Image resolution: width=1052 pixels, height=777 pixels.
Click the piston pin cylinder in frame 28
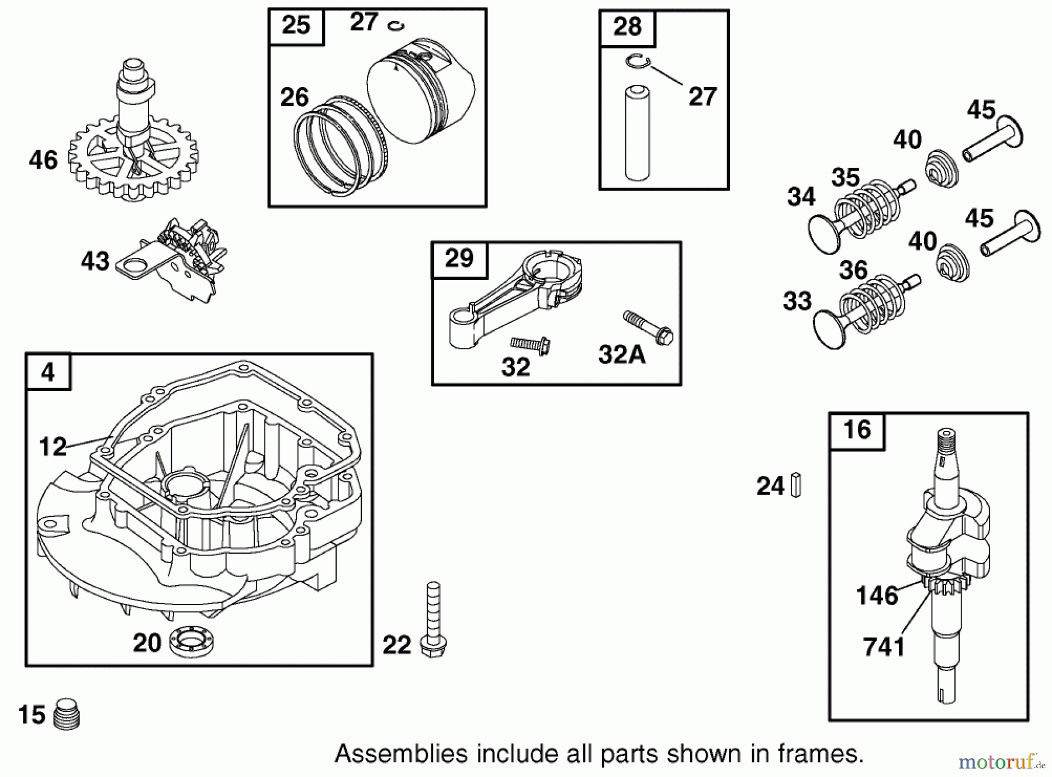point(638,133)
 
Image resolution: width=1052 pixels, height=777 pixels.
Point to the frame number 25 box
point(296,26)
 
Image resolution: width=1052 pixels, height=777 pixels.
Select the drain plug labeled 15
point(67,714)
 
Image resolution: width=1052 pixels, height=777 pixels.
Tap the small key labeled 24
point(795,485)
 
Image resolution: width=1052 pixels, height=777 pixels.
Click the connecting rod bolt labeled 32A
point(649,327)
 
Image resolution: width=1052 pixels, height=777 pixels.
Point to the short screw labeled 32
point(530,344)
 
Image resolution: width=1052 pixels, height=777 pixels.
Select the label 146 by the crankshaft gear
point(877,596)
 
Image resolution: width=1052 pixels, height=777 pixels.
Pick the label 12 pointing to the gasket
point(53,447)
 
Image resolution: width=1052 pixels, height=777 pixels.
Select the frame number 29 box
point(459,258)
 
